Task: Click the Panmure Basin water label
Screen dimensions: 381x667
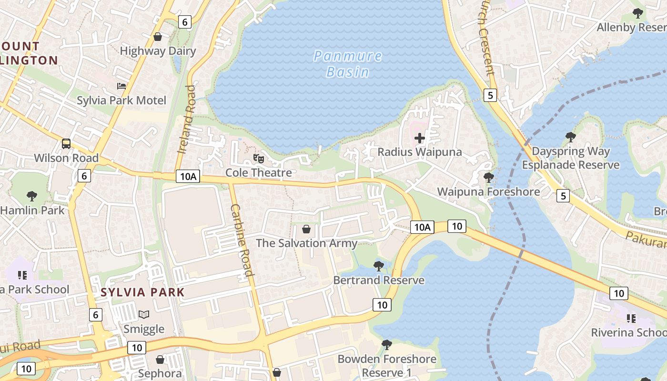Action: (x=348, y=64)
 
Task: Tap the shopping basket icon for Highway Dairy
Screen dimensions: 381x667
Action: (x=158, y=37)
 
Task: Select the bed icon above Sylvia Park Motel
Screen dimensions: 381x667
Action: (x=121, y=86)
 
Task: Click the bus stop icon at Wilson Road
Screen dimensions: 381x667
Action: (x=66, y=143)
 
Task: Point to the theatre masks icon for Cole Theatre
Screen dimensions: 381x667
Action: (x=258, y=158)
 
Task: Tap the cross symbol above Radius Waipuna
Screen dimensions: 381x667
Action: (x=420, y=138)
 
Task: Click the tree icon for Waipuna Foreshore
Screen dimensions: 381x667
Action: (x=488, y=178)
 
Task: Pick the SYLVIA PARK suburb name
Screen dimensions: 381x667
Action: (x=142, y=292)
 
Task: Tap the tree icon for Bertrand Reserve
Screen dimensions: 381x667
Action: (x=379, y=266)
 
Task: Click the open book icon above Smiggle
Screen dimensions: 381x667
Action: (x=144, y=314)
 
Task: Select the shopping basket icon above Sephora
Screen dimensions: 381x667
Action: (x=160, y=359)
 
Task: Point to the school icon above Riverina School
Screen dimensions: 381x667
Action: (x=631, y=318)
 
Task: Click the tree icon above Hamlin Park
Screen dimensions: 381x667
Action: (x=32, y=196)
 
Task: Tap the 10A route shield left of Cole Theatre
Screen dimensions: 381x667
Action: (x=188, y=176)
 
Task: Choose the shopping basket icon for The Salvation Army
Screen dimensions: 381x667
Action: (x=306, y=229)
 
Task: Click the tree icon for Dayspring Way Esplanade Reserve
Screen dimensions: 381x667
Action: (x=570, y=137)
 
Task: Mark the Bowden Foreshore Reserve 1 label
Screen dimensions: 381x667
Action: (x=386, y=365)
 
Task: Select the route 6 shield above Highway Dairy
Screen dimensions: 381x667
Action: (x=184, y=21)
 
